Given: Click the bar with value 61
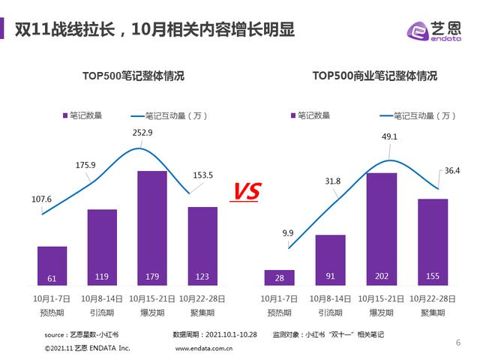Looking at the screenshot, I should [52, 266].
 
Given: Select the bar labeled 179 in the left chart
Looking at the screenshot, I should [152, 229].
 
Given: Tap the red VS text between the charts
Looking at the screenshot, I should [244, 192].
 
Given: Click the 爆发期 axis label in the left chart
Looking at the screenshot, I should [152, 311].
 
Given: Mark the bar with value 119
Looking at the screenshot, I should [102, 247].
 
